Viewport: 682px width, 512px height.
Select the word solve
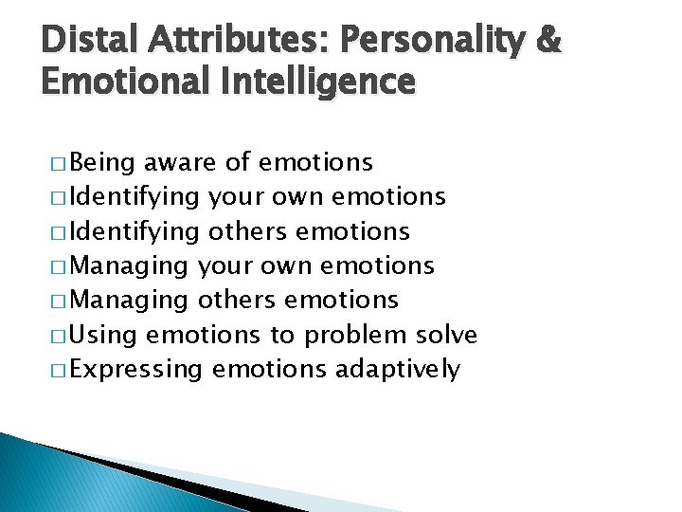point(446,335)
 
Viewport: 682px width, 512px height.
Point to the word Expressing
point(136,370)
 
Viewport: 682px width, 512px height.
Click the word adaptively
point(398,370)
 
